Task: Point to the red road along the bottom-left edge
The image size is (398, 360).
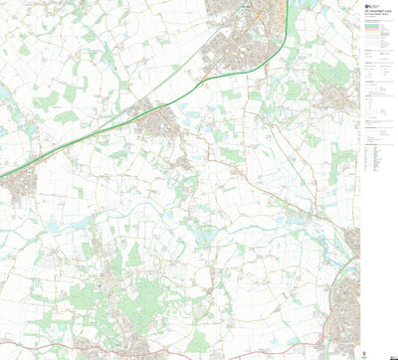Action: coord(60,348)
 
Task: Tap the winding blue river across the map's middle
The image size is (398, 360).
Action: coord(199,239)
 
